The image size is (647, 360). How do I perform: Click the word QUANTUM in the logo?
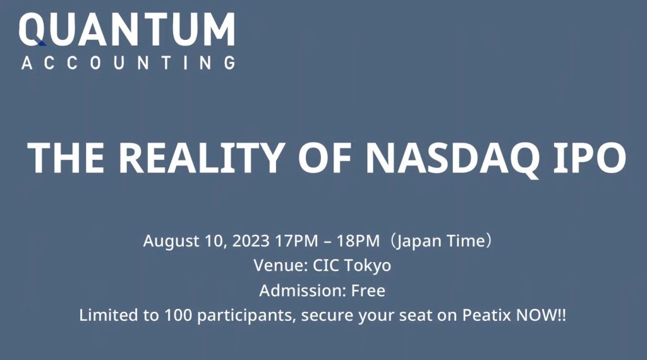(127, 29)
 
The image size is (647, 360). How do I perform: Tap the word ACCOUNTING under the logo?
(128, 63)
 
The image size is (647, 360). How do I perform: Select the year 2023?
(251, 241)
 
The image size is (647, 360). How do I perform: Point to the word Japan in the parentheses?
(420, 241)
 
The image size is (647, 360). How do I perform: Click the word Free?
(368, 291)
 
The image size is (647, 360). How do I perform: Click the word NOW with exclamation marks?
(541, 316)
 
